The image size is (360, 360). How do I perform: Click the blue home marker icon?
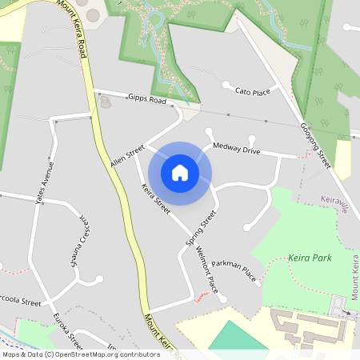[x=180, y=173]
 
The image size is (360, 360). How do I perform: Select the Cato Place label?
[x=255, y=92]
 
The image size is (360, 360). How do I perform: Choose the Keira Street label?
[x=155, y=199]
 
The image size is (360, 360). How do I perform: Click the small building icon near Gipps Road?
[x=106, y=102]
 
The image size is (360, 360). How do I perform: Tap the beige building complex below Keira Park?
[x=304, y=324]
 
